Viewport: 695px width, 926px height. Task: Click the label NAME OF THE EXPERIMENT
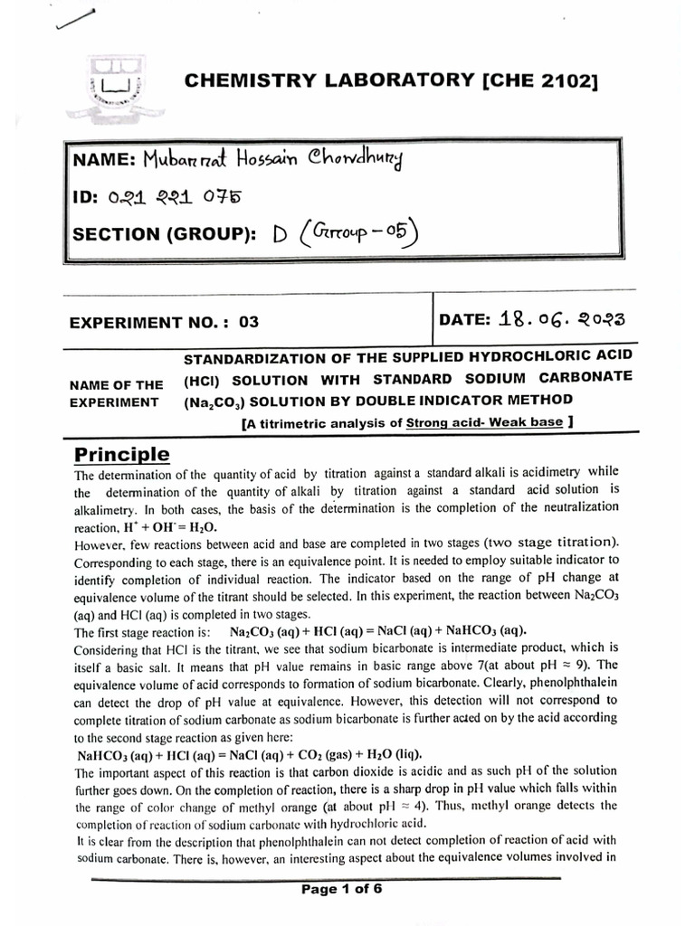point(116,392)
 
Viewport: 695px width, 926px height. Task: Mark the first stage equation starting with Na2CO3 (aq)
point(377,630)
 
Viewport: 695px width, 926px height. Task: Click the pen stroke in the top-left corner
point(74,21)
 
